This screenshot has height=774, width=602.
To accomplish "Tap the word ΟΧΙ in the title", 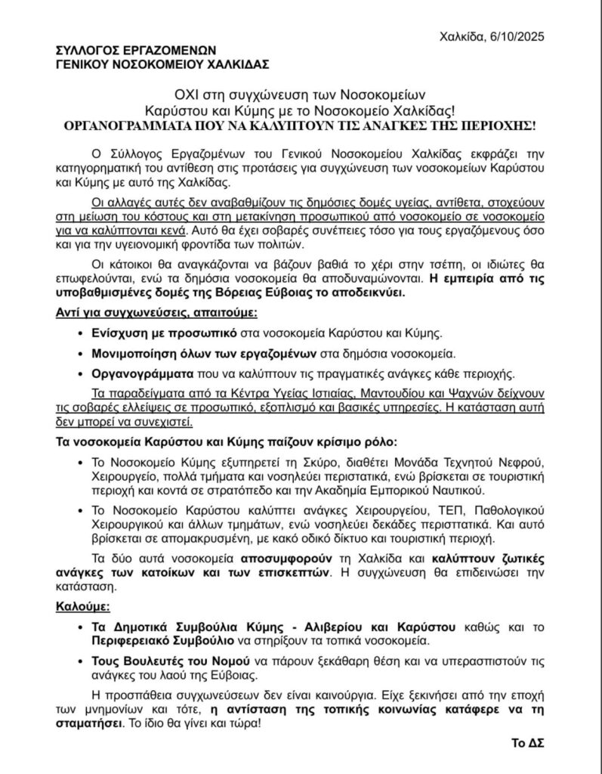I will [187, 95].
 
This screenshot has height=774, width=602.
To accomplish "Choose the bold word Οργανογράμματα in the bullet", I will [135, 373].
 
